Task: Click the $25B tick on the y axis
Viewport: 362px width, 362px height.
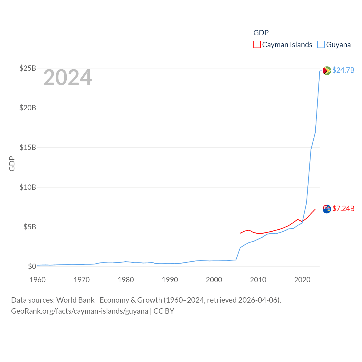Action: coord(28,68)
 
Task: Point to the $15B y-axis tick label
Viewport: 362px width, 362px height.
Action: coord(28,147)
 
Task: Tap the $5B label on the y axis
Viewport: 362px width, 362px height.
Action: coord(29,227)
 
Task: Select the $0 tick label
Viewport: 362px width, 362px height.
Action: coord(32,266)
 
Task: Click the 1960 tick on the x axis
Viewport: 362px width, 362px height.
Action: coord(38,280)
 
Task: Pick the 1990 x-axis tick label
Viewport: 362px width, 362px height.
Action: coord(170,280)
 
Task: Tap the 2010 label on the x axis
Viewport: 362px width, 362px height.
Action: coord(258,280)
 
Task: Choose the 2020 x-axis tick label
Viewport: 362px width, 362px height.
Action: coord(302,280)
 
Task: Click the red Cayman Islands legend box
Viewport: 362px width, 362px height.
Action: coord(257,44)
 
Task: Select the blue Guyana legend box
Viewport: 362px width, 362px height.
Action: coord(321,44)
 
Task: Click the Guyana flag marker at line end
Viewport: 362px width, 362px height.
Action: coord(327,70)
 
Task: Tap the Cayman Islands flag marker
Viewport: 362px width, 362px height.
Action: coord(327,209)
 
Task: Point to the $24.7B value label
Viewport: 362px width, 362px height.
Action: coord(343,70)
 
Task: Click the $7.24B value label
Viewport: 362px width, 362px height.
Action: coord(343,208)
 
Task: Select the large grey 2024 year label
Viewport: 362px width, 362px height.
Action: coord(68,77)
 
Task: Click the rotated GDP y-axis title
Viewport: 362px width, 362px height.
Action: coord(12,163)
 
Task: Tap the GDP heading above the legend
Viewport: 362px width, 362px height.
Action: coord(261,33)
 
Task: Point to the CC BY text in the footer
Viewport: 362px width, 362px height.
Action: coord(164,311)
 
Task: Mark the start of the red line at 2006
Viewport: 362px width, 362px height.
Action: coord(240,233)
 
